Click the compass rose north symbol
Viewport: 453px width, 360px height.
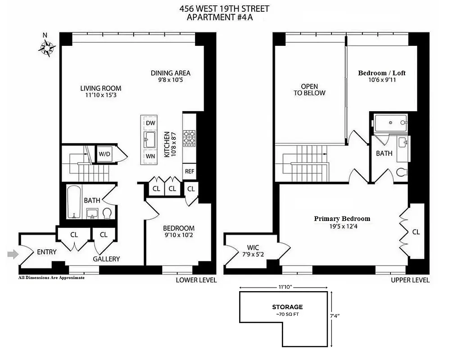pos(46,45)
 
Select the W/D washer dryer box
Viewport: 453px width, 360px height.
pos(104,154)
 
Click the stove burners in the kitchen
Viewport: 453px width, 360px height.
pos(189,138)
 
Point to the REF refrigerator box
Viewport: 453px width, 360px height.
pos(189,171)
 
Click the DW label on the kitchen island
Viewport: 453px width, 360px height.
pos(150,123)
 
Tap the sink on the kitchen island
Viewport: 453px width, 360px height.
pos(150,139)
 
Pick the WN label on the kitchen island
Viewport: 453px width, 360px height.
pos(150,156)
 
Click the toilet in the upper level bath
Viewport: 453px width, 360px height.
pos(403,172)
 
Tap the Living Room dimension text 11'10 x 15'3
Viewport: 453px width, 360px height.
pos(101,95)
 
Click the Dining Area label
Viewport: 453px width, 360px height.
pos(170,73)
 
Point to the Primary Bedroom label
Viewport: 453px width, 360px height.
pos(342,219)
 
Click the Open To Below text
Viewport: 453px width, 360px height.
pos(309,90)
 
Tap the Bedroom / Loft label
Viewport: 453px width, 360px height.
pos(382,73)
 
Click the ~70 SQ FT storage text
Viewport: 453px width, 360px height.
pos(287,314)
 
